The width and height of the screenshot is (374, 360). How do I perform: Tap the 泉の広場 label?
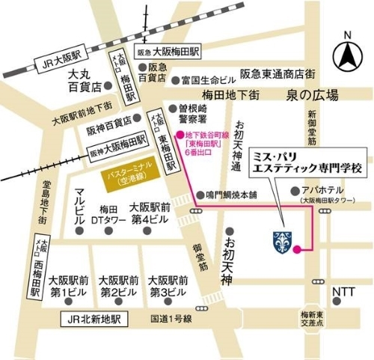pyautogui.click(x=312, y=95)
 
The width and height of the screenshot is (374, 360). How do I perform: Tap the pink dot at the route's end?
pyautogui.click(x=297, y=248)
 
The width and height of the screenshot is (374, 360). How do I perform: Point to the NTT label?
pyautogui.click(x=343, y=291)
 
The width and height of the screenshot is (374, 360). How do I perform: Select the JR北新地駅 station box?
pyautogui.click(x=94, y=319)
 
